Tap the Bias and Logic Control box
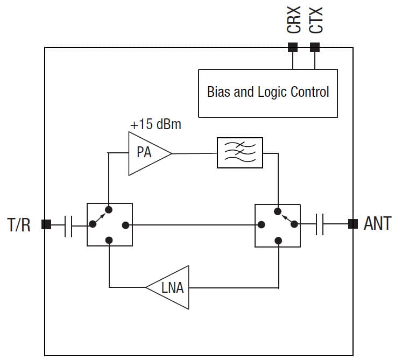(267, 93)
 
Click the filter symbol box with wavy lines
(239, 153)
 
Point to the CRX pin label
(293, 20)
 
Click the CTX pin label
(315, 20)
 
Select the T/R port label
(19, 224)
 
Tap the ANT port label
(377, 224)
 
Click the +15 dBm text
(156, 125)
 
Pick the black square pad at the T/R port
(46, 224)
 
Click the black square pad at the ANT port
(353, 224)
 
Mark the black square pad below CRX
(293, 48)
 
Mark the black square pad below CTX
(315, 48)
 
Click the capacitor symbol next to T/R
(68, 225)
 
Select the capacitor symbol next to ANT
(320, 224)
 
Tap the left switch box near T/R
(109, 224)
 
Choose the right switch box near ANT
(277, 225)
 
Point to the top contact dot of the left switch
(109, 210)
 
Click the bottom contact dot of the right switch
(278, 240)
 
